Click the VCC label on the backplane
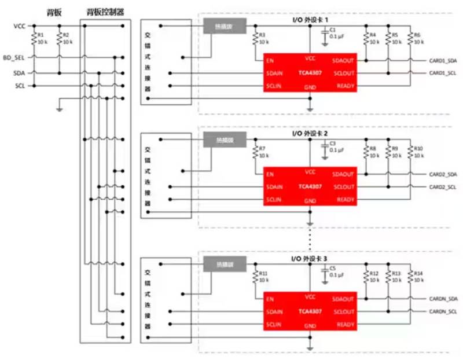[18, 27]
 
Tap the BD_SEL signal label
[14, 58]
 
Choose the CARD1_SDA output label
[443, 60]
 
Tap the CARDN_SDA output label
[443, 298]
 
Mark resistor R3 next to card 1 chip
[255, 38]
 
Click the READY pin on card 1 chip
[345, 87]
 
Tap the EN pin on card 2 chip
[270, 174]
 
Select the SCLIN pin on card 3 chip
[274, 325]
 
